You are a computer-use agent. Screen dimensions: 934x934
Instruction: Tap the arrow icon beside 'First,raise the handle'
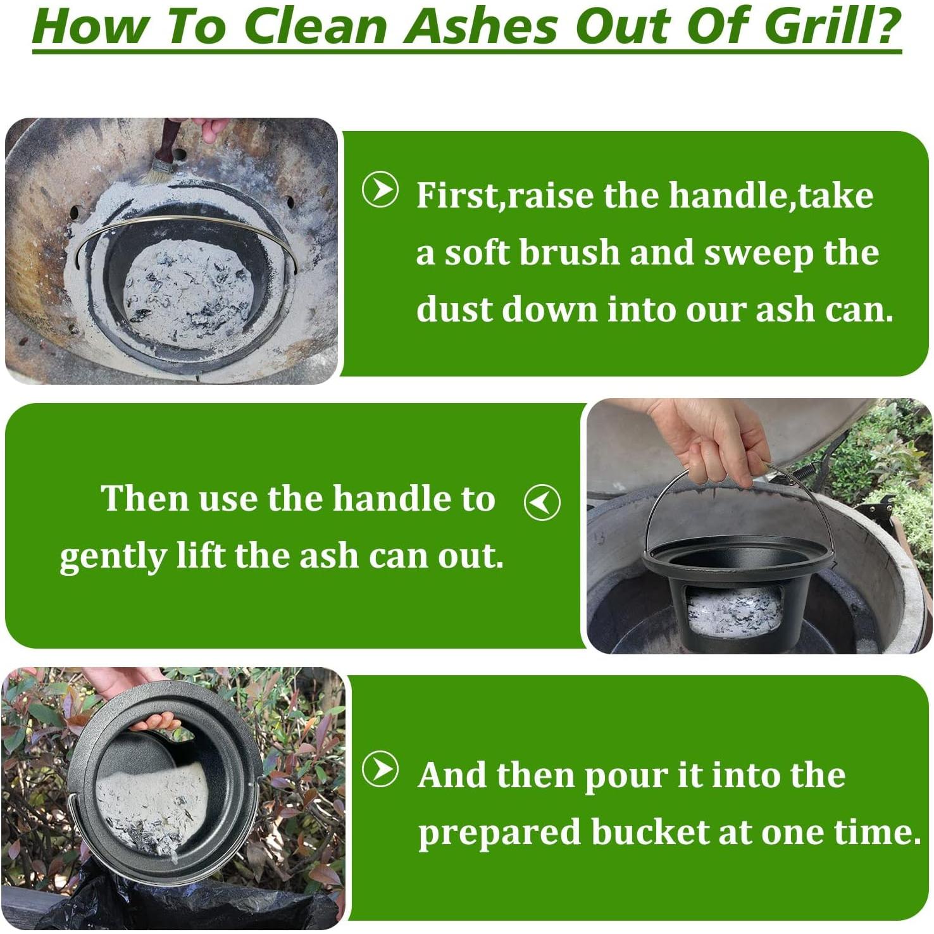(380, 189)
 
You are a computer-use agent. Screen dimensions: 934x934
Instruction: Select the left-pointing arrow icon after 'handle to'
(542, 502)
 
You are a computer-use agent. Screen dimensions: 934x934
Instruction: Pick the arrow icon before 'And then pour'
(380, 769)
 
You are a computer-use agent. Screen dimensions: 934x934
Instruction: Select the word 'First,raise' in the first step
(506, 196)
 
